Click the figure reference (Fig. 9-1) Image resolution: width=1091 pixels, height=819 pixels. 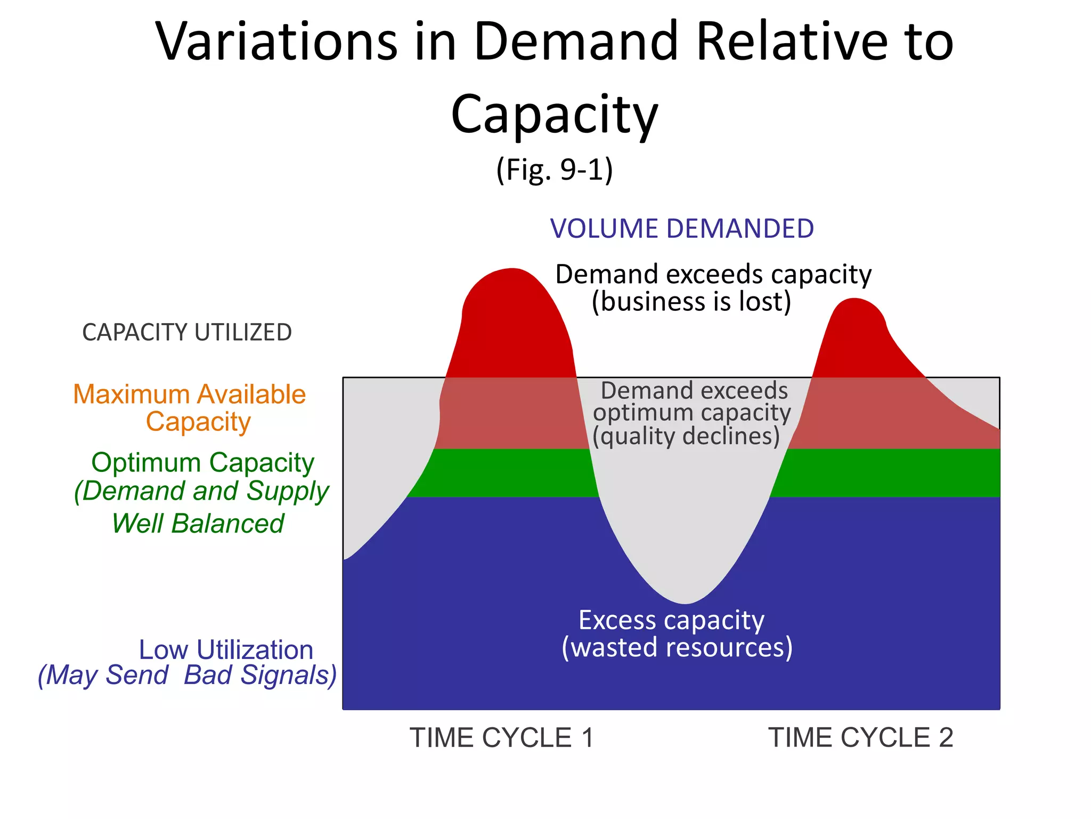[x=554, y=170]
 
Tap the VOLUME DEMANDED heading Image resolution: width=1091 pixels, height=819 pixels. [x=681, y=229]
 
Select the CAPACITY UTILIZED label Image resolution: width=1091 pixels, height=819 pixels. [x=187, y=332]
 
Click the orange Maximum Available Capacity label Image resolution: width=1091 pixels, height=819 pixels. [x=190, y=408]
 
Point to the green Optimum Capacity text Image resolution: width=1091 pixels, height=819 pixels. [x=202, y=462]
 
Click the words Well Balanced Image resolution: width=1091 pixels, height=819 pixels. [x=198, y=523]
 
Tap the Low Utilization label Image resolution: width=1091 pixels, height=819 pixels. [x=226, y=649]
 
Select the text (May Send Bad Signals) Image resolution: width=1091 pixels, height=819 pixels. [x=187, y=675]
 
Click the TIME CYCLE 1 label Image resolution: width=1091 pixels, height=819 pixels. [x=501, y=738]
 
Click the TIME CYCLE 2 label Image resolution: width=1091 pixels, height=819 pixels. [x=860, y=738]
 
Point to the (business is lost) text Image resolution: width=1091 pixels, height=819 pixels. [x=691, y=302]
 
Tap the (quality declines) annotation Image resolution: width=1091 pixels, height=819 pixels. [x=686, y=437]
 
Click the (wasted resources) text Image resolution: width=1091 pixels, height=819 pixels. [x=677, y=648]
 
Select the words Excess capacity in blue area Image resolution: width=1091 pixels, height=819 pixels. [x=671, y=620]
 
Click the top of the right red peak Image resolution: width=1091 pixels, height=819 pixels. [x=854, y=301]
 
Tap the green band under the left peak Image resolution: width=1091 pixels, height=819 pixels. [x=506, y=473]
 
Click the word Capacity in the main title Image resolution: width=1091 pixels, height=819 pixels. [x=554, y=115]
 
